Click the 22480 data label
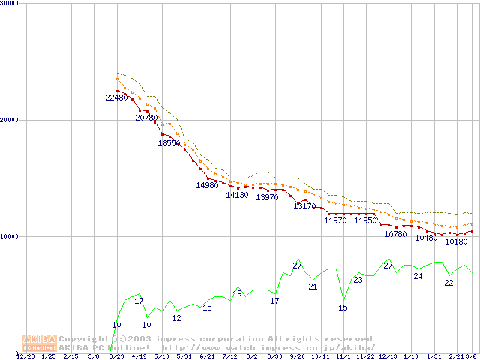(x=116, y=97)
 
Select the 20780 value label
(x=146, y=118)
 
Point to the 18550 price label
(x=169, y=143)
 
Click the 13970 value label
(x=267, y=197)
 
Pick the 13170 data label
(x=304, y=206)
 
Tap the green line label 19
(x=237, y=293)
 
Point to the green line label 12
(x=176, y=318)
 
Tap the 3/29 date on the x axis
(x=116, y=356)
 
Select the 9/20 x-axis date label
(x=297, y=356)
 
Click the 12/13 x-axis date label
(x=388, y=356)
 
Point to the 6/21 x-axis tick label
(x=207, y=356)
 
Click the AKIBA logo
(x=39, y=342)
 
